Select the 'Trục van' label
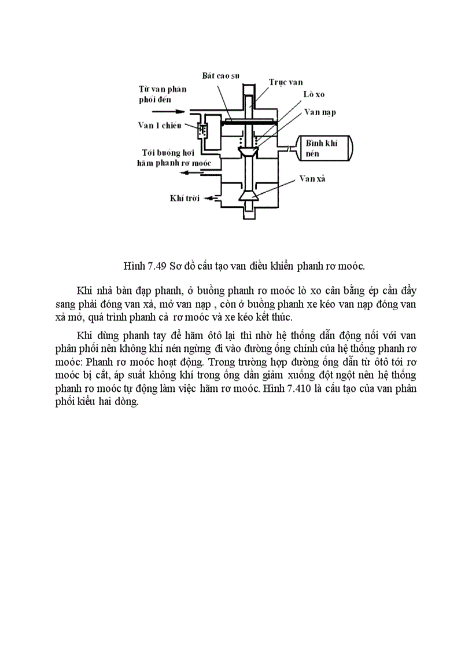(285, 83)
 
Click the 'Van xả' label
(313, 179)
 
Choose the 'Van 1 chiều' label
(160, 125)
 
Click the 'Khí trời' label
(185, 199)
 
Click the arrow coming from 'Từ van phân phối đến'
(177, 111)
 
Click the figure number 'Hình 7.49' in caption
(145, 266)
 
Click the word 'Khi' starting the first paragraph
(84, 289)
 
